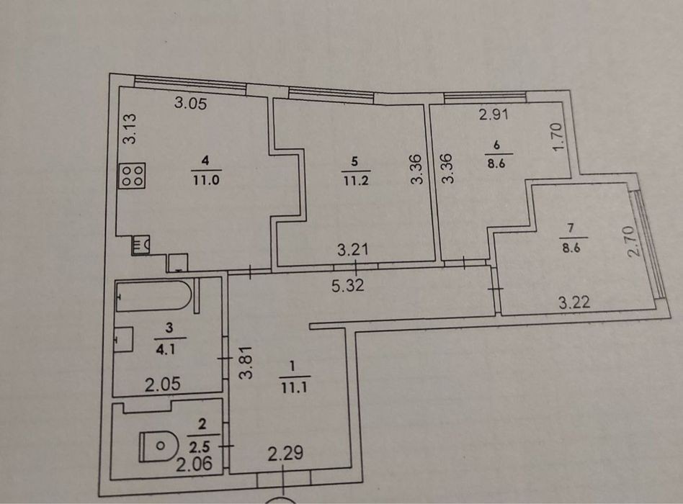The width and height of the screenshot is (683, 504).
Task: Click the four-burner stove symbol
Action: (132, 176)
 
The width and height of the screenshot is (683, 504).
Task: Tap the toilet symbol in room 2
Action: (159, 446)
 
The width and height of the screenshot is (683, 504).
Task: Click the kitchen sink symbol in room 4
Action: (140, 245)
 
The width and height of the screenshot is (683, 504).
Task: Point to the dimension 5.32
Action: (347, 286)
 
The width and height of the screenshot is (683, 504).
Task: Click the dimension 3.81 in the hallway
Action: (246, 362)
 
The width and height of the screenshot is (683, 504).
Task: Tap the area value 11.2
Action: (356, 180)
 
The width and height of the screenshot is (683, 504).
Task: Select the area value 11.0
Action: (207, 180)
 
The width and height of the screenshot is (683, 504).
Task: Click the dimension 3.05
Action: (190, 103)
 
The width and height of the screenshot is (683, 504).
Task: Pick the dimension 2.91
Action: (494, 115)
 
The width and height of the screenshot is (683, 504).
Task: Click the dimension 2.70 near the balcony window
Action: (635, 240)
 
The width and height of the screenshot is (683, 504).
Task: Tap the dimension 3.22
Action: (575, 302)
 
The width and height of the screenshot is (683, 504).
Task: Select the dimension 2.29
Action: (285, 454)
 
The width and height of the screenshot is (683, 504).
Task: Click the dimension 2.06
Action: (195, 464)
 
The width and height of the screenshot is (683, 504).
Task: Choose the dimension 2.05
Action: (163, 384)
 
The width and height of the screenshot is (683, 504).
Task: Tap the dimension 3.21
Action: (353, 250)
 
